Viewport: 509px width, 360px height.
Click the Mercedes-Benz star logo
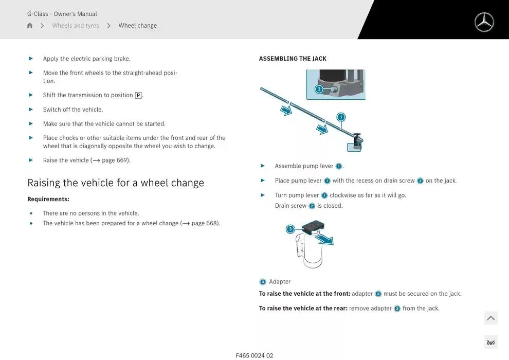[x=484, y=22]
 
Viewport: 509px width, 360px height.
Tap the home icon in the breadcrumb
[x=30, y=26]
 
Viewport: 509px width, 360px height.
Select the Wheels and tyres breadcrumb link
[x=75, y=26]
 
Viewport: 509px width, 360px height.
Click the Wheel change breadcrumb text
[x=137, y=26]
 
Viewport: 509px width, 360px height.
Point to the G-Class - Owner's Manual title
[x=62, y=14]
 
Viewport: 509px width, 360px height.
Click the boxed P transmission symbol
[x=138, y=95]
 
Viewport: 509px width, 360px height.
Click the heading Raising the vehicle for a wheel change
[x=116, y=183]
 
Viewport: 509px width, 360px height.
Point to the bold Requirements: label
[x=48, y=199]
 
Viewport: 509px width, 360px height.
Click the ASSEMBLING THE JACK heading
[x=293, y=59]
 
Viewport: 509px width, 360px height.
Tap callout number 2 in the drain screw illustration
[x=319, y=89]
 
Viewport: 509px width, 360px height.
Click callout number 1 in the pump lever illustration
[x=341, y=117]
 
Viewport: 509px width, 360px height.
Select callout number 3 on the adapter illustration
[x=290, y=229]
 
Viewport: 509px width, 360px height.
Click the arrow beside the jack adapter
[x=324, y=240]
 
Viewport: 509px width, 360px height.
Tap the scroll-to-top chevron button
[x=490, y=318]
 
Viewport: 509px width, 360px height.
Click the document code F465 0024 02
[x=254, y=355]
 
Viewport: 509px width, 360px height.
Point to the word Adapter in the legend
[x=280, y=282]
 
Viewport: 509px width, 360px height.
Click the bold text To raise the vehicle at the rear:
[x=303, y=309]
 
